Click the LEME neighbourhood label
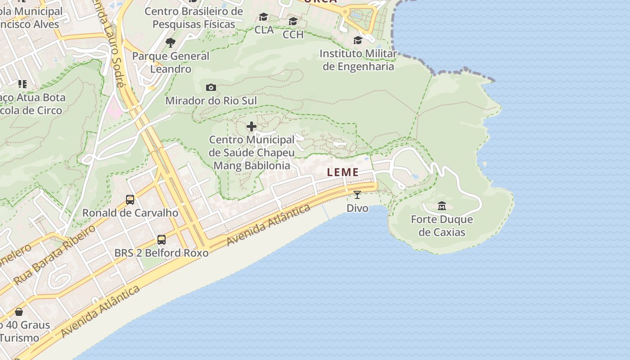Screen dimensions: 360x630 pyautogui.click(x=343, y=172)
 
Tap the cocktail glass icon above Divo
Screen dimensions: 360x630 pyautogui.click(x=357, y=194)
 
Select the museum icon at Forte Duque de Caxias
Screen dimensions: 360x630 pyautogui.click(x=442, y=206)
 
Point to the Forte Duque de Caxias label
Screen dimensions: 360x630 pyautogui.click(x=442, y=226)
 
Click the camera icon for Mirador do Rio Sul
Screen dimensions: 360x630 pyautogui.click(x=211, y=87)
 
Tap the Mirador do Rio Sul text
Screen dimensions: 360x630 pyautogui.click(x=211, y=101)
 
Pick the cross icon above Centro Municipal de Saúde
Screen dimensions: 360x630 pyautogui.click(x=252, y=127)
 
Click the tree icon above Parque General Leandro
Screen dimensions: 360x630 pyautogui.click(x=171, y=43)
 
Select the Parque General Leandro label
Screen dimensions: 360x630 pyautogui.click(x=171, y=63)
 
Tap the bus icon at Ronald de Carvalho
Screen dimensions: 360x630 pyautogui.click(x=130, y=199)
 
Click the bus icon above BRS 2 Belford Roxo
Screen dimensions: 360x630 pyautogui.click(x=162, y=240)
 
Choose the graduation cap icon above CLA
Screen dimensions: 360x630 pyautogui.click(x=264, y=17)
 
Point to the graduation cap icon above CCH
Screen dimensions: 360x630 pyautogui.click(x=293, y=21)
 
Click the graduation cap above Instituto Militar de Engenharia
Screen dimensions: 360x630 pyautogui.click(x=358, y=40)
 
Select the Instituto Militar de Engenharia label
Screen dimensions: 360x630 pyautogui.click(x=358, y=60)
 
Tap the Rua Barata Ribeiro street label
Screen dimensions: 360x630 pyautogui.click(x=54, y=255)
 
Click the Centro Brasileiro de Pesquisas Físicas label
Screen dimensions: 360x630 pyautogui.click(x=193, y=18)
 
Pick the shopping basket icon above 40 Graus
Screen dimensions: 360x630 pyautogui.click(x=19, y=311)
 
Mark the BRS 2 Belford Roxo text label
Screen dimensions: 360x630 pyautogui.click(x=162, y=253)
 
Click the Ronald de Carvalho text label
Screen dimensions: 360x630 pyautogui.click(x=130, y=213)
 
